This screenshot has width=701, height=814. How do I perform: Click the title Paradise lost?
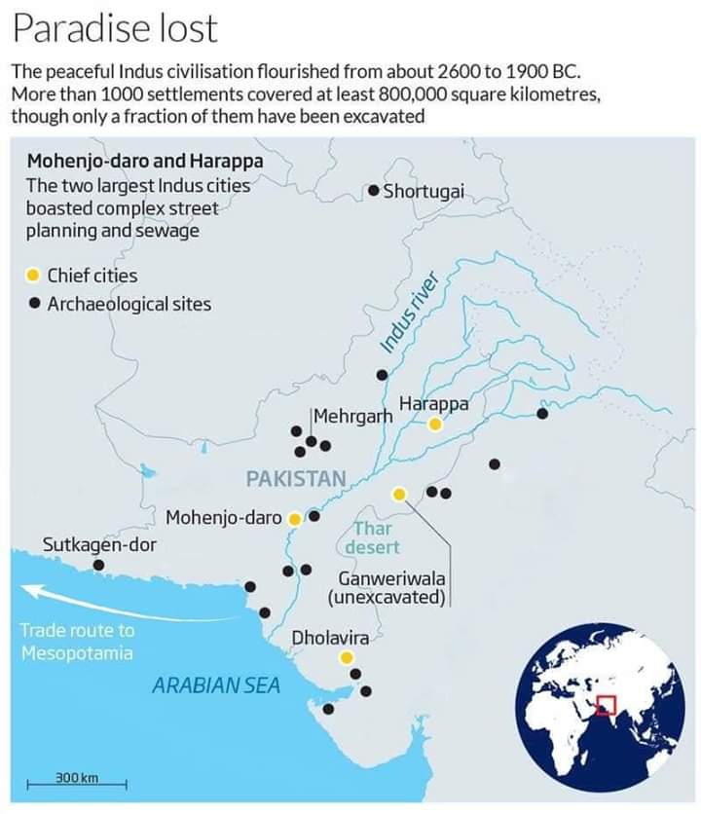[115, 29]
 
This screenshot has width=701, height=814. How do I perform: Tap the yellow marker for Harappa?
[435, 425]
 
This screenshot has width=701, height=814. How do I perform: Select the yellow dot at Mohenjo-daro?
[294, 518]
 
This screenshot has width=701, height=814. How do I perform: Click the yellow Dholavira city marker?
[346, 658]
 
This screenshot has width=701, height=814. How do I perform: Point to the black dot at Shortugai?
[374, 191]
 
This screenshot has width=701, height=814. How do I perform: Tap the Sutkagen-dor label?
[99, 544]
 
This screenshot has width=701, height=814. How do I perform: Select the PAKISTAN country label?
[296, 478]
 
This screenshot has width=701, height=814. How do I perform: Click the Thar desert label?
[372, 537]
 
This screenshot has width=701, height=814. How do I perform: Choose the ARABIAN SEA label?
[216, 685]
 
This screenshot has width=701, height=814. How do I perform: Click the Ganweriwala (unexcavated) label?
[387, 587]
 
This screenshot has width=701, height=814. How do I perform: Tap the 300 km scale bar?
[78, 781]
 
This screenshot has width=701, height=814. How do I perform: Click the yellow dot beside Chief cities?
[33, 276]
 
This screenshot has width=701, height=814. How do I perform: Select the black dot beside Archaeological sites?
[33, 304]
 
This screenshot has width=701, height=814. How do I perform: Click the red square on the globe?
[607, 704]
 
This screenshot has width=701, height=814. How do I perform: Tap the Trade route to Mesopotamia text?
[78, 642]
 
